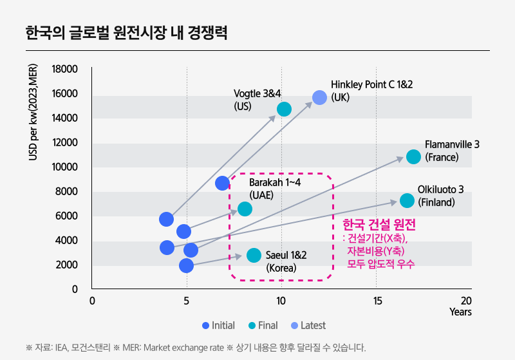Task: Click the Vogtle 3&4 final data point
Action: click(x=284, y=109)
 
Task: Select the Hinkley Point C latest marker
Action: click(x=320, y=97)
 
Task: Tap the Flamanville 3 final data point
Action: click(x=413, y=157)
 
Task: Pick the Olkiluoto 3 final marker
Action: click(x=407, y=200)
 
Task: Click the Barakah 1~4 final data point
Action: click(x=245, y=209)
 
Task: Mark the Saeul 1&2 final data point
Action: click(x=254, y=255)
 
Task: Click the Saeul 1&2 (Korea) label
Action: click(x=286, y=261)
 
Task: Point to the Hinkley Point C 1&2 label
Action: click(x=371, y=91)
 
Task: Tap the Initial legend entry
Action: click(x=218, y=325)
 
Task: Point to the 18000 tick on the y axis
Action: click(x=64, y=70)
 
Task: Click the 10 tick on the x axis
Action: click(x=281, y=301)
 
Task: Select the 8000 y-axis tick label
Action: click(x=67, y=191)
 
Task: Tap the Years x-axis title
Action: click(x=460, y=312)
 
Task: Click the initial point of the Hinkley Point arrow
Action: click(x=223, y=183)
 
